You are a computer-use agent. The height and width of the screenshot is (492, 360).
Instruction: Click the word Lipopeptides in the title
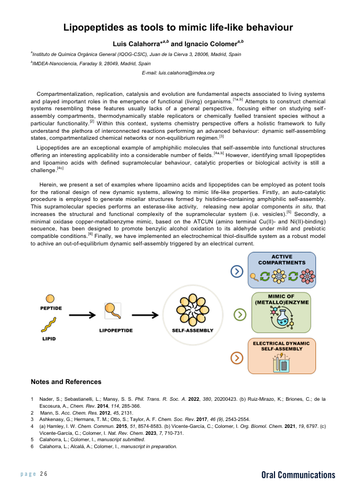99,27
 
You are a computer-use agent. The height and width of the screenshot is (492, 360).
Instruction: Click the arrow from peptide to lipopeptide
82,315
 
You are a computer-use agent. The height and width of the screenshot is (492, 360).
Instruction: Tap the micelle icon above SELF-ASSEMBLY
192,311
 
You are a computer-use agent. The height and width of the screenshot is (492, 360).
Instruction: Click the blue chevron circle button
236,271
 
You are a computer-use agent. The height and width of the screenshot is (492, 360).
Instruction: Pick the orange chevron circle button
236,358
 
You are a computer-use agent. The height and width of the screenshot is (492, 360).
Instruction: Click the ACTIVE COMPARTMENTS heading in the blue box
281,259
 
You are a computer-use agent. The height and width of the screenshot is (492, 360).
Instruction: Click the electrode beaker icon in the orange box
281,363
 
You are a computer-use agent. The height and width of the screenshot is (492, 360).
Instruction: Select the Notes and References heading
66,382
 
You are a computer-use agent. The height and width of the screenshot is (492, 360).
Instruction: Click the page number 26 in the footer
44,474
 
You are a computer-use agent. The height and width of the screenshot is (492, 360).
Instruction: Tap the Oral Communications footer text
298,475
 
